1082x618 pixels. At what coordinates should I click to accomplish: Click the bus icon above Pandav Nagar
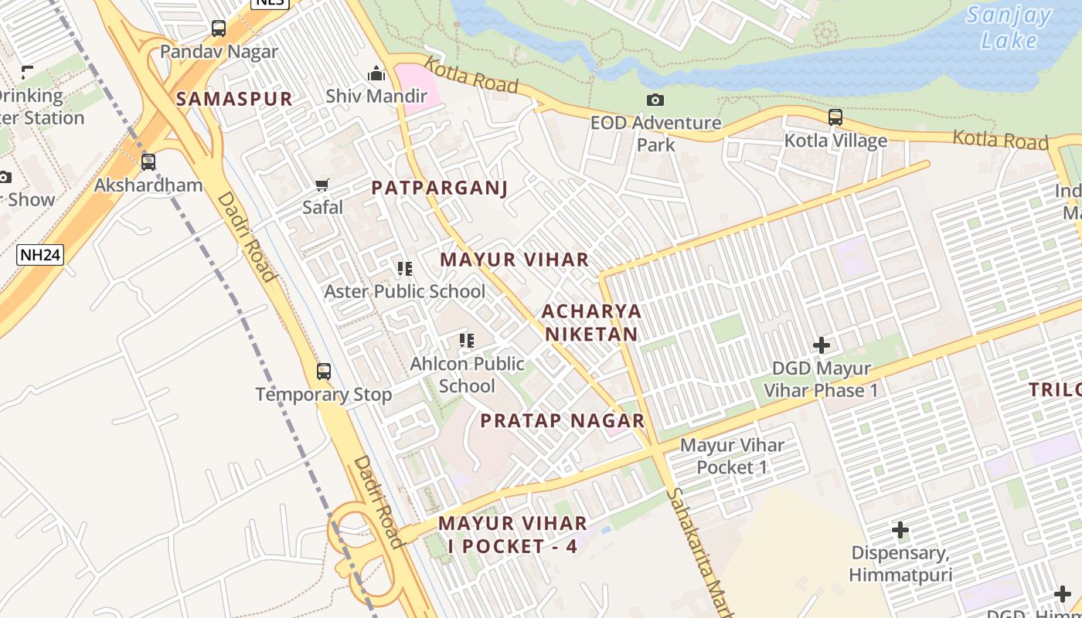[219, 29]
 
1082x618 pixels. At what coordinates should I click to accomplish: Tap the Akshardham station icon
[148, 162]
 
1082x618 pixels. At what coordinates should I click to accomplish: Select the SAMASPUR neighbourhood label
[234, 99]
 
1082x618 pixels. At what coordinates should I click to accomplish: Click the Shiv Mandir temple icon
[376, 74]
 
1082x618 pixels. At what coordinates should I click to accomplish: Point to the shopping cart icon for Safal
[322, 185]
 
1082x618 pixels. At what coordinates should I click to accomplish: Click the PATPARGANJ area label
[439, 188]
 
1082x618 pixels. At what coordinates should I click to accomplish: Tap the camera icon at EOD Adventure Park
[655, 100]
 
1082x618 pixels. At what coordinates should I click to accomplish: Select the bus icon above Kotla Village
[835, 118]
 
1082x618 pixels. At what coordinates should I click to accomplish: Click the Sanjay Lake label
[1009, 28]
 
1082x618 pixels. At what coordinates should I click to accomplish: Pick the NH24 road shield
[39, 254]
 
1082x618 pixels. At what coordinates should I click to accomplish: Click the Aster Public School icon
[405, 269]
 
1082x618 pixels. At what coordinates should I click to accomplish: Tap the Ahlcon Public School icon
[467, 341]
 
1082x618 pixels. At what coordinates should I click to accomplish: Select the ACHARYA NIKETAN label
[591, 322]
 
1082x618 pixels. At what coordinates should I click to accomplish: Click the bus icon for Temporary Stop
[324, 372]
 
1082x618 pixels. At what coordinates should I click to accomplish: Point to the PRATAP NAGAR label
[562, 421]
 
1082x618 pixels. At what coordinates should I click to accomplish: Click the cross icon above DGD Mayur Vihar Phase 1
[822, 345]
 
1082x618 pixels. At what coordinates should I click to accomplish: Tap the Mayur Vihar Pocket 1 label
[732, 456]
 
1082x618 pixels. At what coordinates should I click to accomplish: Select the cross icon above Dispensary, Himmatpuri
[900, 531]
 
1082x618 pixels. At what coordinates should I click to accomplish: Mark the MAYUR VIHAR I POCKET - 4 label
[512, 535]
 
